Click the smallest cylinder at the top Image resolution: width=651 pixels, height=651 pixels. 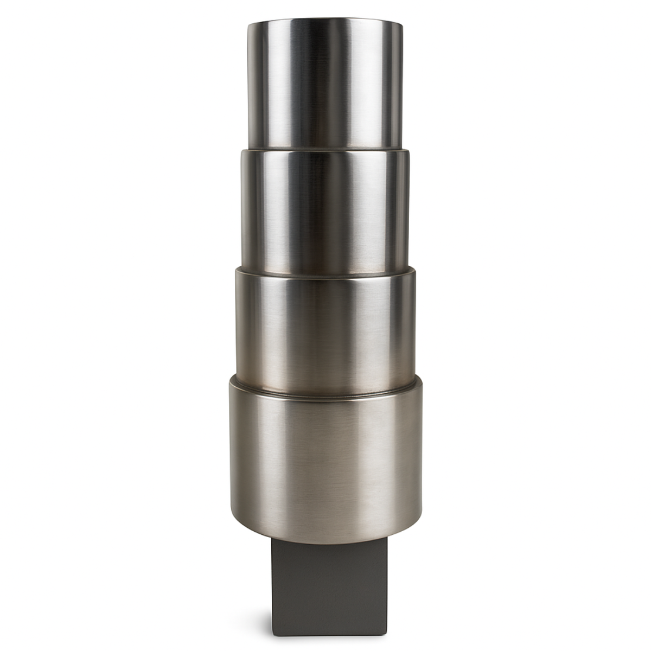pyautogui.click(x=325, y=87)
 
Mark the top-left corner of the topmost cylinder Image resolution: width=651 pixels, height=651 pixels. pyautogui.click(x=249, y=24)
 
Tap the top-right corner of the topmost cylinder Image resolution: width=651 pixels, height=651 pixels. pyautogui.click(x=402, y=24)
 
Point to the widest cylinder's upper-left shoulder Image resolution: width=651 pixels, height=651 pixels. pyautogui.click(x=232, y=382)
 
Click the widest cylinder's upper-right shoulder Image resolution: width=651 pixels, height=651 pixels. pyautogui.click(x=419, y=382)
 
